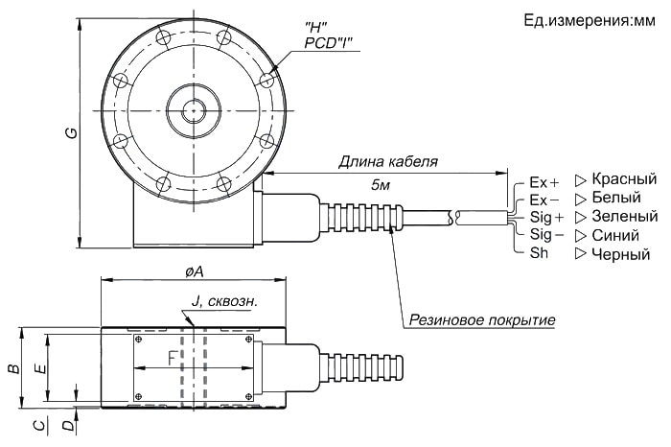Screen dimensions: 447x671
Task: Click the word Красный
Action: pos(624,179)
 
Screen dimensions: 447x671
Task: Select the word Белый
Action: pos(616,198)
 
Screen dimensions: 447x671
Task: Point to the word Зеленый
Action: pos(625,216)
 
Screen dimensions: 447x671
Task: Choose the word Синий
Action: pos(615,234)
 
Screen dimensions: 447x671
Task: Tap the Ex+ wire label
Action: pos(544,181)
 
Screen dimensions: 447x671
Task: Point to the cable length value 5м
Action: pos(382,183)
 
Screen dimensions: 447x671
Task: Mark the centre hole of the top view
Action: pos(193,111)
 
